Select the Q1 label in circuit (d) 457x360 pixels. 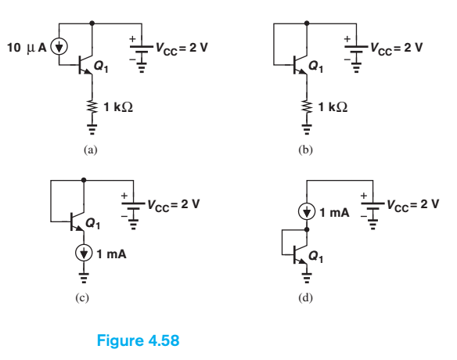pyautogui.click(x=317, y=256)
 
